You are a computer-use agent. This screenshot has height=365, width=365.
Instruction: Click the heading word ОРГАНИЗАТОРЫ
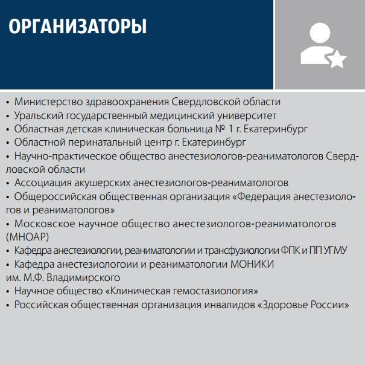[78, 27]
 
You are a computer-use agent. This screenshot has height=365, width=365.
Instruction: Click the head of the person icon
[320, 33]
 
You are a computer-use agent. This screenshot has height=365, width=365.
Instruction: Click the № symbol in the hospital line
[220, 129]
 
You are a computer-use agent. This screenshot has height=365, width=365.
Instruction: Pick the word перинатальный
[98, 143]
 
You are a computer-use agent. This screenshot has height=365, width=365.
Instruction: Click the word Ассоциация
[43, 183]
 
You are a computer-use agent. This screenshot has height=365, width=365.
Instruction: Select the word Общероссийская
[56, 196]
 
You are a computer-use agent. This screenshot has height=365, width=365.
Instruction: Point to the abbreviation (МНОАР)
[28, 237]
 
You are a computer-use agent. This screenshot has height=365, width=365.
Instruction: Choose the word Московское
[45, 224]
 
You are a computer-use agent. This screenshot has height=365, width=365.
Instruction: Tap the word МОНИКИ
[252, 264]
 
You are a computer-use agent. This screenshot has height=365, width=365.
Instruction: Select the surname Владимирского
[83, 278]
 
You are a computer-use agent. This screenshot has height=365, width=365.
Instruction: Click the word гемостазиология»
[218, 291]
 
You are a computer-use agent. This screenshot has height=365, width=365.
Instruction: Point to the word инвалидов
[229, 305]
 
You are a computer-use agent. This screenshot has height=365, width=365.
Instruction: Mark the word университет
[247, 115]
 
